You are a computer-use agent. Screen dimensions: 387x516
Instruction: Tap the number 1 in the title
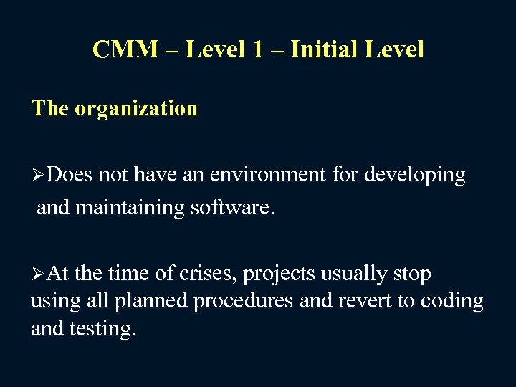(258, 49)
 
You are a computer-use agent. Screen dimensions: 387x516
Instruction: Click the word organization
(135, 108)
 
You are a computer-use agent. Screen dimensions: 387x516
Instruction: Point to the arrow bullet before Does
(38, 175)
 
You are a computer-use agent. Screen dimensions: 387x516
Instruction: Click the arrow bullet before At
(38, 274)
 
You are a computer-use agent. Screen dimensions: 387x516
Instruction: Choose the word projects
(279, 275)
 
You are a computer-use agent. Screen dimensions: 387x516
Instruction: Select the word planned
(156, 302)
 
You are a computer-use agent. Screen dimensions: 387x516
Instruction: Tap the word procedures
(244, 302)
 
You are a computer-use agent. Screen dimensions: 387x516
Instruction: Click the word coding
(451, 302)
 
